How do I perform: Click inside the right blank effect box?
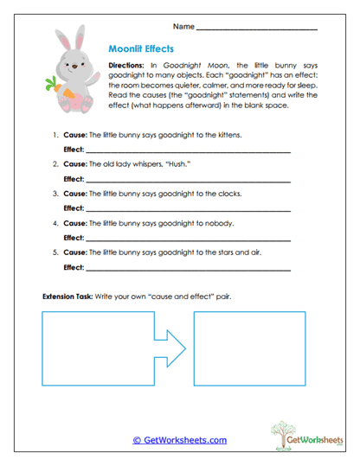tap(247, 348)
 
